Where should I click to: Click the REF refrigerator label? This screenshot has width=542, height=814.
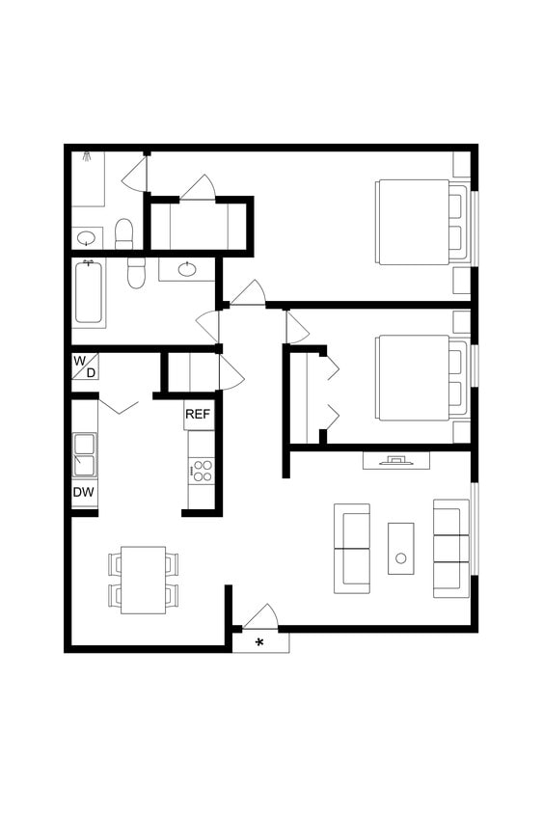[x=198, y=415]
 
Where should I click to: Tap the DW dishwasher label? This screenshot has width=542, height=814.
[x=84, y=493]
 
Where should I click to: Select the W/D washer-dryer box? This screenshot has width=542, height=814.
[x=85, y=366]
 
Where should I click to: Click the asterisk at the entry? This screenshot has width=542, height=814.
[x=258, y=642]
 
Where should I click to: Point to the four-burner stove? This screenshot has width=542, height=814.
[x=202, y=471]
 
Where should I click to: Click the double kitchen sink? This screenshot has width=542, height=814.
[x=85, y=454]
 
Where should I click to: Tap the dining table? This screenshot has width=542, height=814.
[x=143, y=579]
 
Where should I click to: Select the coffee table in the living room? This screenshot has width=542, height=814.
[x=400, y=549]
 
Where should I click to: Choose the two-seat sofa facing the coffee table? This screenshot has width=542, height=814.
[x=352, y=548]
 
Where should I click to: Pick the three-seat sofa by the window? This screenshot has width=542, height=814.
[x=450, y=547]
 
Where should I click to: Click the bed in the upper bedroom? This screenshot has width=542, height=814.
[x=415, y=222]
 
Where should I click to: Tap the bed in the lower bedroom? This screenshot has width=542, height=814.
[x=415, y=377]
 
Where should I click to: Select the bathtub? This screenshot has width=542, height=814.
[x=90, y=293]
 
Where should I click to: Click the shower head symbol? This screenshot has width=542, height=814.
[x=88, y=153]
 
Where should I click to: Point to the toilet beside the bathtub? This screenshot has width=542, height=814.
[x=135, y=274]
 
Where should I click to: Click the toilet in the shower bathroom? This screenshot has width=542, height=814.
[x=123, y=232]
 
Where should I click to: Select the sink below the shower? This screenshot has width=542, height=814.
[x=87, y=237]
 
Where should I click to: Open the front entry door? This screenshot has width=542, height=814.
[x=261, y=617]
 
